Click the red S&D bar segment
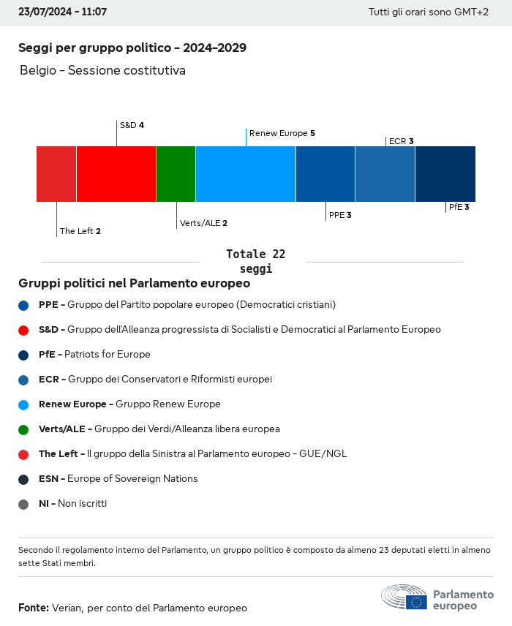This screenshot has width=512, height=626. point(116,174)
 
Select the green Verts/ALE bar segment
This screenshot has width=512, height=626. point(176,174)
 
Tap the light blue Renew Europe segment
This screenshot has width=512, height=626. point(246,174)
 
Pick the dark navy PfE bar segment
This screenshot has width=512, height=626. point(445,174)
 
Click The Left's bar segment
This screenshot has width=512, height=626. point(56,174)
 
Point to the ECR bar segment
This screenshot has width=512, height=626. point(385,174)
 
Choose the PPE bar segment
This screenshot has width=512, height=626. point(325,174)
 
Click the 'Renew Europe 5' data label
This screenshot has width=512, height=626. point(282,133)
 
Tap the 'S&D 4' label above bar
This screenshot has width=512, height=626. point(132,125)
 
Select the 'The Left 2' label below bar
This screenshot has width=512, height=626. point(80,231)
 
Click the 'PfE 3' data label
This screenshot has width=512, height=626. point(459,207)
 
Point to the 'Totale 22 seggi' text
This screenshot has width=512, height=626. point(255,261)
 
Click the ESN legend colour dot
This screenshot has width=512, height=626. point(23,479)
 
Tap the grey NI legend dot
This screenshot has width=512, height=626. point(23,504)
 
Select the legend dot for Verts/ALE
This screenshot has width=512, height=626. point(23,429)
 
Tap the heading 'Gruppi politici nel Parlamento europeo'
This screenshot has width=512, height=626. point(134,283)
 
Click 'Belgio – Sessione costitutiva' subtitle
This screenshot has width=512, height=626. point(102,71)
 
